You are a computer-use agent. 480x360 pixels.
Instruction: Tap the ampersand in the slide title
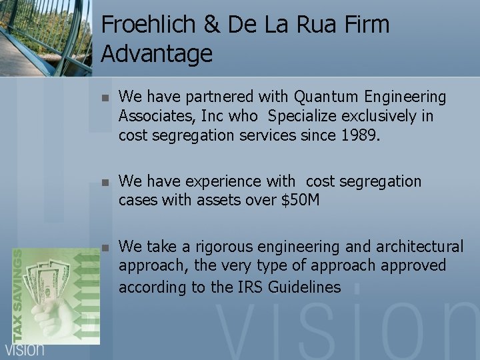(211, 25)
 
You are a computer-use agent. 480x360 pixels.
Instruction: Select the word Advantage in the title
(157, 53)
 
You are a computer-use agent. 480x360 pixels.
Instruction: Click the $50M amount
(301, 200)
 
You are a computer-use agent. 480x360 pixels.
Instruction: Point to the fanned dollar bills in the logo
(47, 280)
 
